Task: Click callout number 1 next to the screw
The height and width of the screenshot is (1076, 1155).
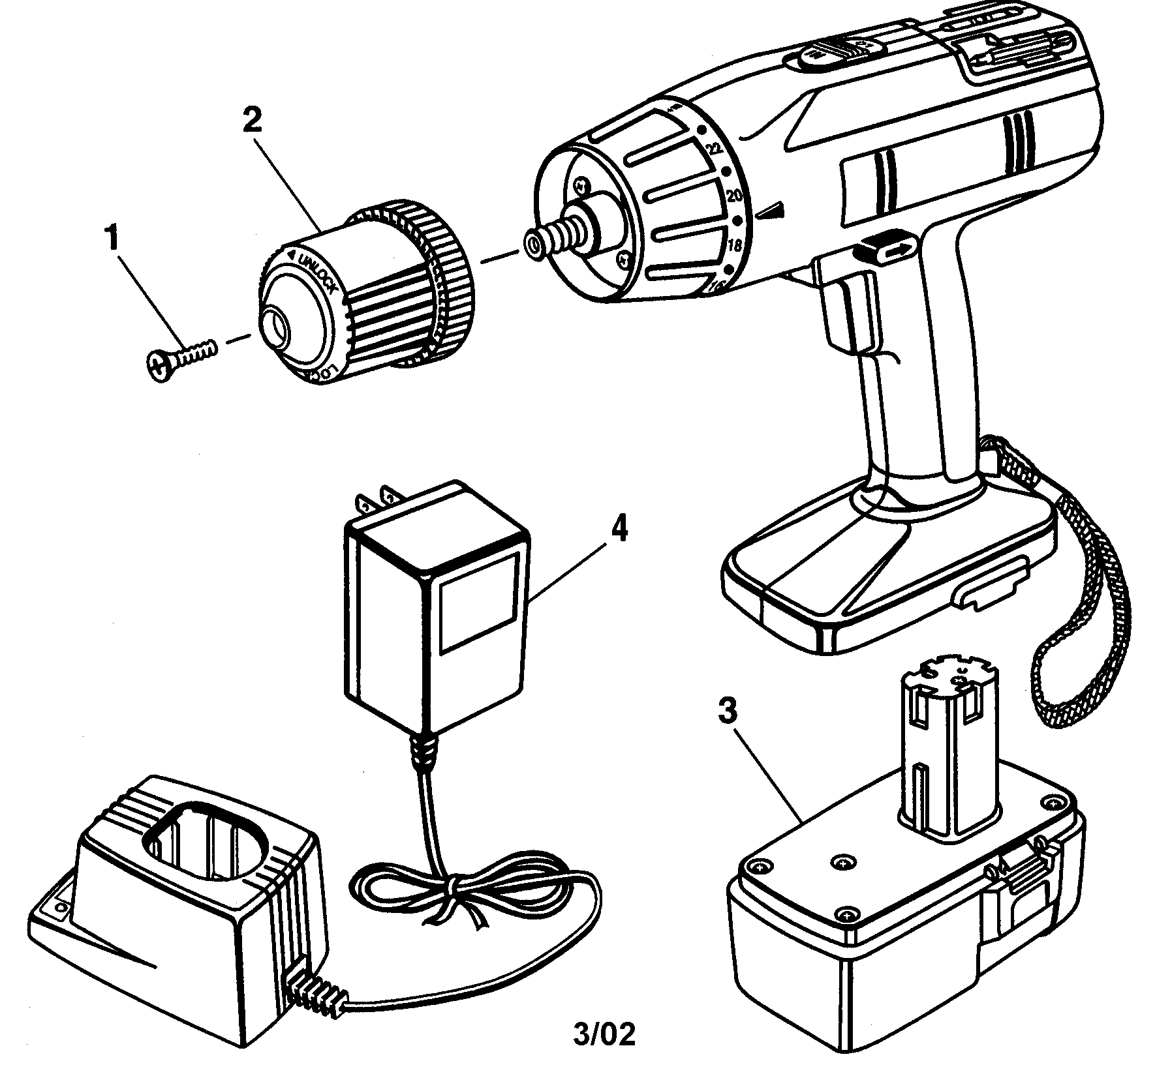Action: pyautogui.click(x=114, y=239)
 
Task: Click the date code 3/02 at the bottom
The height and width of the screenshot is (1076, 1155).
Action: pyautogui.click(x=604, y=1034)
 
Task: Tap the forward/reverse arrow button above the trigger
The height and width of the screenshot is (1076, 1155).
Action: pyautogui.click(x=886, y=248)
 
